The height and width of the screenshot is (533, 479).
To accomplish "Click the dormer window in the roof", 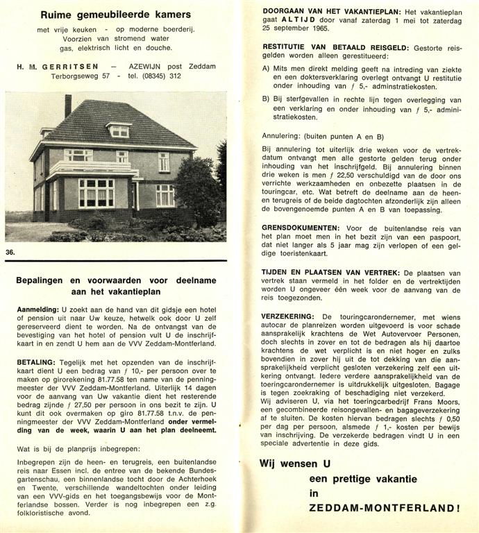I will coord(119,130).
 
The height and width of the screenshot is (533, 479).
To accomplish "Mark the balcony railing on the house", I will coord(85,168).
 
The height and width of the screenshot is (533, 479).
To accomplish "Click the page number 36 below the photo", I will coord(10,251).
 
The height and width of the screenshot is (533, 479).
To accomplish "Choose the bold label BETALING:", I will coord(36,362).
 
